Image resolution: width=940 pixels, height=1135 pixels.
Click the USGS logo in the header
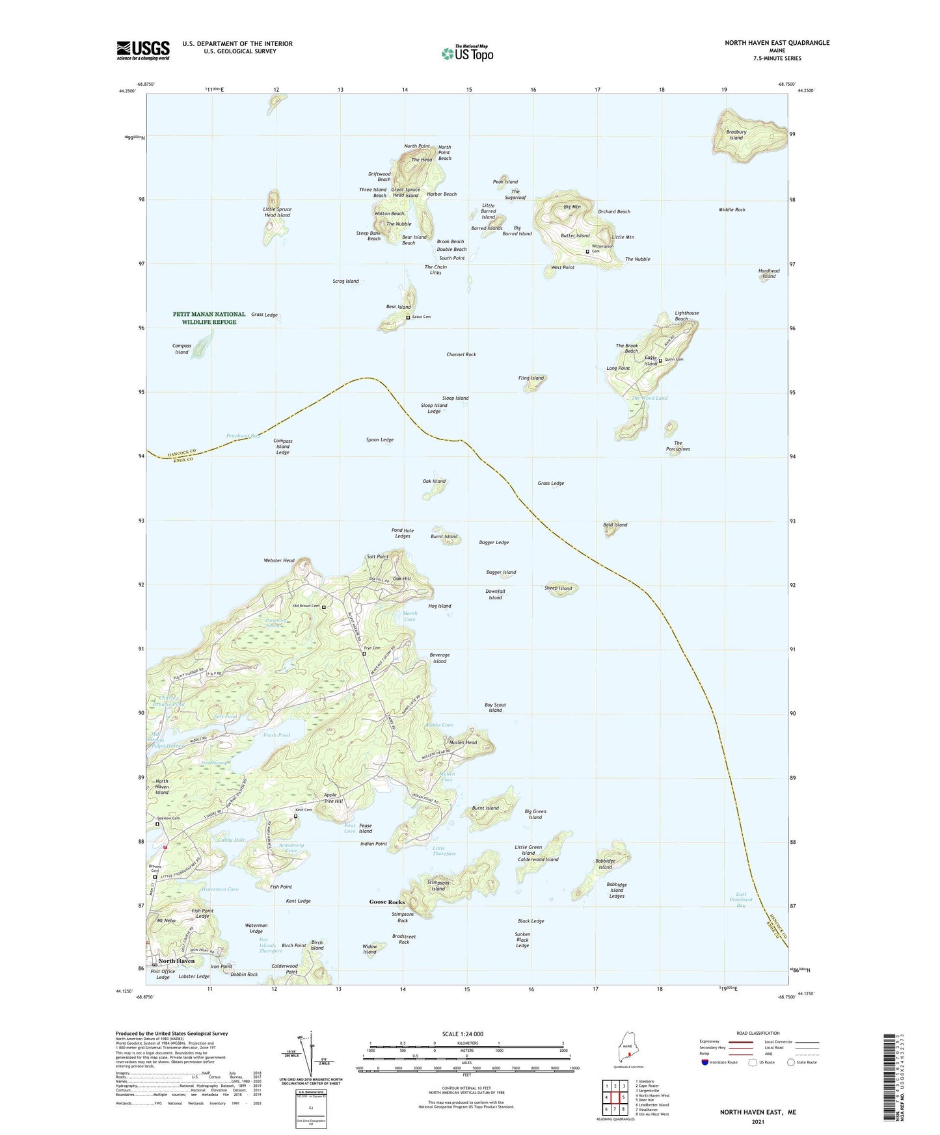143,50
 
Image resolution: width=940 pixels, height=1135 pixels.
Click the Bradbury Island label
736,135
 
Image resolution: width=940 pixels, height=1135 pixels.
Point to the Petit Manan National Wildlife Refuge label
209,318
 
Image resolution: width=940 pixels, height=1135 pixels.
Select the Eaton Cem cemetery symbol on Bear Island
408,317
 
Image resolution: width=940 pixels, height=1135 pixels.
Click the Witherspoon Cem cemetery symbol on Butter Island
587,251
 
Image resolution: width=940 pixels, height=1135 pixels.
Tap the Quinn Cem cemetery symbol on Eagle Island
660,360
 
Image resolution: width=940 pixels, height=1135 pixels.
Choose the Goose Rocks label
387,902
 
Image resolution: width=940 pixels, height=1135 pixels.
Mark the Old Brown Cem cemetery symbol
323,607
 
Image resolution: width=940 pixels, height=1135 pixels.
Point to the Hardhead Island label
769,274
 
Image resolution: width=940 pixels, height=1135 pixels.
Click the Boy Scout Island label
495,707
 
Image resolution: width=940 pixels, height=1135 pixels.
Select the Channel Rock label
461,354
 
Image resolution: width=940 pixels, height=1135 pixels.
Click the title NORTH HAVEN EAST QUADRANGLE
777,43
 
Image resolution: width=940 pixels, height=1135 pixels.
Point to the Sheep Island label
558,588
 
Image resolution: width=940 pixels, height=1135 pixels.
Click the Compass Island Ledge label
282,447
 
